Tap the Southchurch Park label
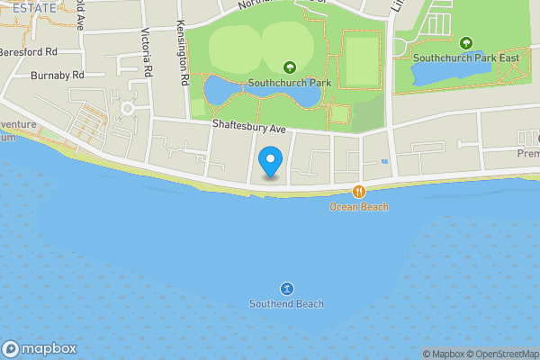[x=290, y=83]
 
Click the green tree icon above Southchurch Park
[x=290, y=67]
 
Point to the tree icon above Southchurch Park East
[x=466, y=43]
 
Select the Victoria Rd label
[x=146, y=54]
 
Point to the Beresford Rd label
[x=29, y=52]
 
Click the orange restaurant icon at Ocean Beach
[x=359, y=191]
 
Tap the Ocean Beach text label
[x=359, y=207]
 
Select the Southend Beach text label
[x=286, y=304]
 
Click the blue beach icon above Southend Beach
[x=286, y=288]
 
